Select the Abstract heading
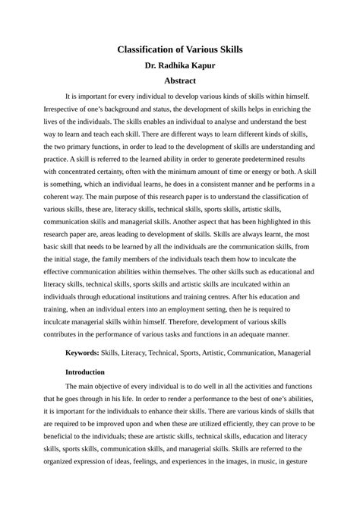click(180, 81)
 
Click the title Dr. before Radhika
click(152, 65)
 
